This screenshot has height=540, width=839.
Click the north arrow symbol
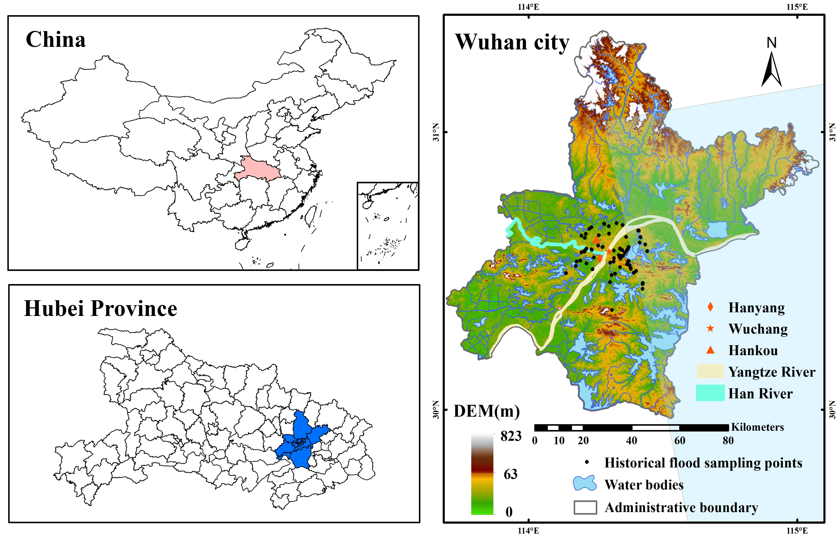(x=771, y=68)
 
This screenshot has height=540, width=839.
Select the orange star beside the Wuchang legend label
(x=710, y=329)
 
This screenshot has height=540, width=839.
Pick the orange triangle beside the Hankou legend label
(x=710, y=350)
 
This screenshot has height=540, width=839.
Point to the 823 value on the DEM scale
(x=511, y=436)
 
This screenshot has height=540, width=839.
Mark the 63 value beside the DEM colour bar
(x=511, y=474)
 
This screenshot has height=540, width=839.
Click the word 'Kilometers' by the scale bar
(x=757, y=427)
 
